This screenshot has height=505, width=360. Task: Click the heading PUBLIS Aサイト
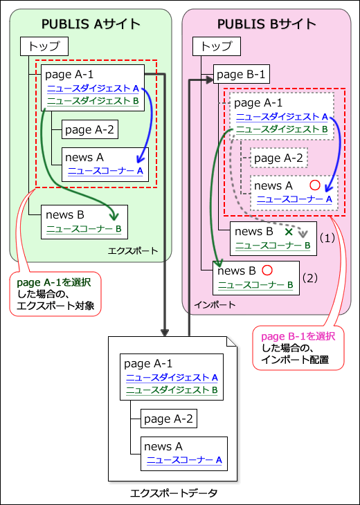click(x=91, y=24)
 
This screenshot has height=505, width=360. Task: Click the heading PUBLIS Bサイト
click(x=267, y=24)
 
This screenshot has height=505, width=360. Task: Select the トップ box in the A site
click(x=44, y=47)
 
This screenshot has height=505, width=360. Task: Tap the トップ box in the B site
click(x=216, y=47)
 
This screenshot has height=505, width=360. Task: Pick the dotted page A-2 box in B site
click(x=278, y=158)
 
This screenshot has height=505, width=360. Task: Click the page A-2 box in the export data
click(x=168, y=419)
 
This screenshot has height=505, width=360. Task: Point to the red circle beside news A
click(x=315, y=185)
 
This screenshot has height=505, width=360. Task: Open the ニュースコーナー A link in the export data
click(x=183, y=459)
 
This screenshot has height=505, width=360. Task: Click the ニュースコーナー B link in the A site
click(x=84, y=228)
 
